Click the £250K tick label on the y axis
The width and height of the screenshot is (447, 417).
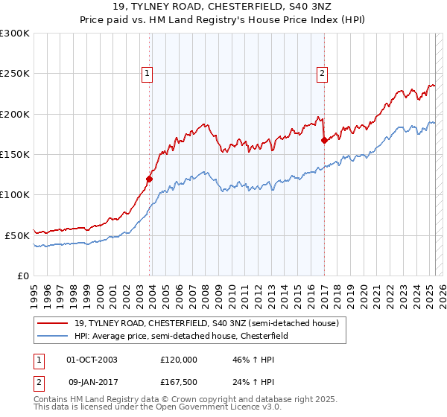pyautogui.click(x=15, y=74)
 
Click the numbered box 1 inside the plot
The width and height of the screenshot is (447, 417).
pyautogui.click(x=147, y=73)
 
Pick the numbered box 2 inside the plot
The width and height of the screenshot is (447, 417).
pyautogui.click(x=322, y=73)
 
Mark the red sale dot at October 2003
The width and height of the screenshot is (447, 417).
pyautogui.click(x=150, y=179)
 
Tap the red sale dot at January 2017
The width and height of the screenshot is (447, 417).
pyautogui.click(x=324, y=140)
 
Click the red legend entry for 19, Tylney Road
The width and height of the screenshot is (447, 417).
pyautogui.click(x=206, y=323)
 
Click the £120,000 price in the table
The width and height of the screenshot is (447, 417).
pyautogui.click(x=179, y=359)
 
